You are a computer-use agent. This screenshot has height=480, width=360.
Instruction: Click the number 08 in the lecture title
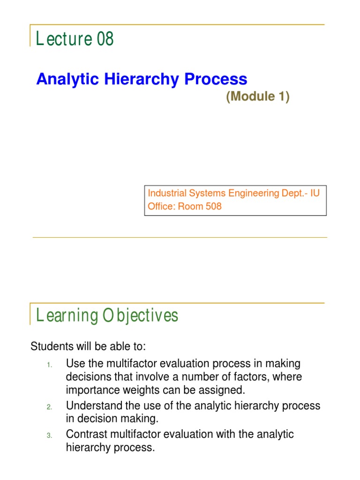click(x=105, y=38)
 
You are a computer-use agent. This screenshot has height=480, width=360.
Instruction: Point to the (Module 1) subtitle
click(x=258, y=97)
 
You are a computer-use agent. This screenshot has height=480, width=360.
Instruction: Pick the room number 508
click(x=211, y=206)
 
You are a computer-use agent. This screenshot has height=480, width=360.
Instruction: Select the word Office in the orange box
click(x=160, y=206)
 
